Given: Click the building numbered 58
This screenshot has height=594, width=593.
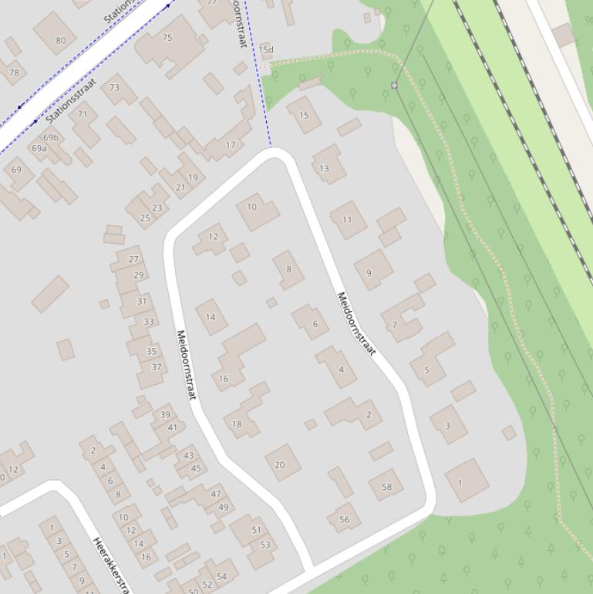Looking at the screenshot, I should coord(386,486).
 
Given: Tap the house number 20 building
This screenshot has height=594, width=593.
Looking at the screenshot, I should coord(281,464).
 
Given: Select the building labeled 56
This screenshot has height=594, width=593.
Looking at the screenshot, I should coord(344,519).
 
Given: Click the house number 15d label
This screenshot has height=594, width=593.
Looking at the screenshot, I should coord(266,50).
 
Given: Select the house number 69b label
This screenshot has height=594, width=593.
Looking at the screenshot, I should coord(50,137).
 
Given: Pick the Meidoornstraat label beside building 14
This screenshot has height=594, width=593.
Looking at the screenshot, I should coord(187,365).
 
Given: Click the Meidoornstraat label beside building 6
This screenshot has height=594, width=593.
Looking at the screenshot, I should coord(355,324).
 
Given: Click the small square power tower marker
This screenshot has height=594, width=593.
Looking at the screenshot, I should coord(394,86).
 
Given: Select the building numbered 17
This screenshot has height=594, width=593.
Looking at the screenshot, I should coord(231,144).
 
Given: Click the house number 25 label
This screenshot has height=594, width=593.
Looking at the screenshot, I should coord(145,218).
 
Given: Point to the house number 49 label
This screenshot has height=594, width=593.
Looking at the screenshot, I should coord(223,507).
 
